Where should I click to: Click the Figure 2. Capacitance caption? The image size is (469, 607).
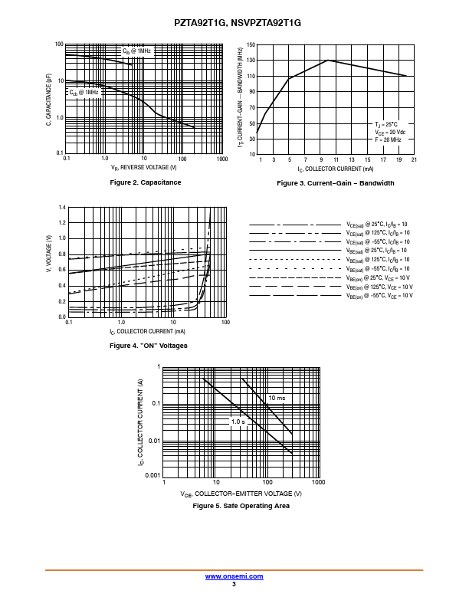(x=146, y=182)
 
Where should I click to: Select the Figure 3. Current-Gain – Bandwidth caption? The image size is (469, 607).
(x=336, y=183)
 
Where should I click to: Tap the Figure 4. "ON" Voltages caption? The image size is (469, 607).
(x=149, y=346)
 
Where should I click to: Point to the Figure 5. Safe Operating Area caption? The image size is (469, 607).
(x=241, y=506)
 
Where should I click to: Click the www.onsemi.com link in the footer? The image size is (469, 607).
(x=235, y=576)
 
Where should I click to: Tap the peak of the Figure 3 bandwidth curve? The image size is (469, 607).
(x=328, y=60)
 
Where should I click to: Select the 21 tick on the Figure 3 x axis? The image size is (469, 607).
(x=414, y=159)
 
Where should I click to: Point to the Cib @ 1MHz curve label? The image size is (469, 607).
(x=138, y=51)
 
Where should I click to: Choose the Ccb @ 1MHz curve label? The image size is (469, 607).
(x=84, y=92)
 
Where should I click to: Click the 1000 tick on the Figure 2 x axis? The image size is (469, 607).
(x=222, y=159)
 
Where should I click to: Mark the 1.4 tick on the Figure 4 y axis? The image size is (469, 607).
(x=62, y=208)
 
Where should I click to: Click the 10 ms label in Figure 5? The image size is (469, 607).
(x=277, y=399)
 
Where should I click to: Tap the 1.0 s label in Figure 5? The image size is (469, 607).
(x=238, y=422)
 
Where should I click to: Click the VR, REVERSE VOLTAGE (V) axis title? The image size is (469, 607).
(x=143, y=167)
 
